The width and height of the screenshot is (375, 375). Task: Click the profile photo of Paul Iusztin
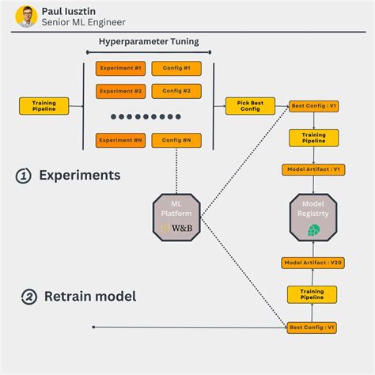click(x=26, y=15)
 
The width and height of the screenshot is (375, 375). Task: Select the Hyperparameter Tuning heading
click(x=149, y=41)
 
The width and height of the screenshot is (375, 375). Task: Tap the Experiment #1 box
click(x=121, y=68)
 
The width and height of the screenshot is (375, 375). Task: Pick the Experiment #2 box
click(x=121, y=90)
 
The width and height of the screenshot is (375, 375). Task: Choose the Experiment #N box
click(x=121, y=140)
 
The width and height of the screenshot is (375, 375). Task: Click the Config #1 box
click(x=176, y=68)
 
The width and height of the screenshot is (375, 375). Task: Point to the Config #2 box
click(x=176, y=90)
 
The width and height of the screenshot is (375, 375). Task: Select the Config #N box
click(x=176, y=140)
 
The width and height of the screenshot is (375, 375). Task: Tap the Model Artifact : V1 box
click(x=314, y=169)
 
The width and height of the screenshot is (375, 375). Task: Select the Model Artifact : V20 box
click(x=314, y=263)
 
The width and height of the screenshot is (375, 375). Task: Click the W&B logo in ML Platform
click(x=176, y=228)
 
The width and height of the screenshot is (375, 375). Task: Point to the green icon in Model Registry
click(x=314, y=229)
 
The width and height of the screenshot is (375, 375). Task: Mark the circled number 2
click(x=29, y=297)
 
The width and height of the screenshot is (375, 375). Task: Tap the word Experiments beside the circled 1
click(x=80, y=176)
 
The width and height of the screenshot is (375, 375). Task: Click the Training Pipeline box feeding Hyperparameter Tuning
click(x=44, y=106)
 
